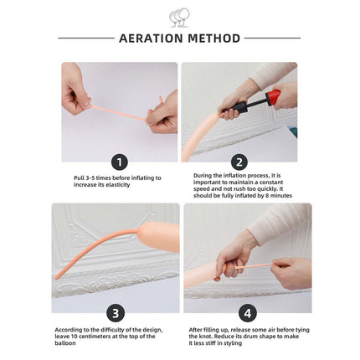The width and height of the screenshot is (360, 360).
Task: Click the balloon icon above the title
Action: pos(179,18)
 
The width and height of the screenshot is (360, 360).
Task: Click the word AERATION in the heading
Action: pos(151,39)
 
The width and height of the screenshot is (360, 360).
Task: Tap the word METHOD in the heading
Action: pos(214,39)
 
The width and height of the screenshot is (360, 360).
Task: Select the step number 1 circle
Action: pos(120,162)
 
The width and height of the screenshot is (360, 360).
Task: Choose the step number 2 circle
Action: pos(239,162)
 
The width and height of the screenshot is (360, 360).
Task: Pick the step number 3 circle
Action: pos(116,313)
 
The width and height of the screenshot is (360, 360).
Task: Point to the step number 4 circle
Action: pos(248,313)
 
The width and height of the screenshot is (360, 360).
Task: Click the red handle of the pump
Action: pos(273,97)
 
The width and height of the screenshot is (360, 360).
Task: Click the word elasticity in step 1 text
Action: pos(118,185)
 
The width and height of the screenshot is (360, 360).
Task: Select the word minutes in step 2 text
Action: pos(281,196)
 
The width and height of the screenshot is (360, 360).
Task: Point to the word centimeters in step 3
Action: pos(95,337)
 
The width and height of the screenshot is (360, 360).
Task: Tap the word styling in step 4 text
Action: pos(233,343)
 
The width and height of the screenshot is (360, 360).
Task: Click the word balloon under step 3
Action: pos(65,343)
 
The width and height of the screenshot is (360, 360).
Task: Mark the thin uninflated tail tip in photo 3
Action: pos(57,277)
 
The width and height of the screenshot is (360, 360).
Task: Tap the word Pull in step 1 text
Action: pos(79,177)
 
